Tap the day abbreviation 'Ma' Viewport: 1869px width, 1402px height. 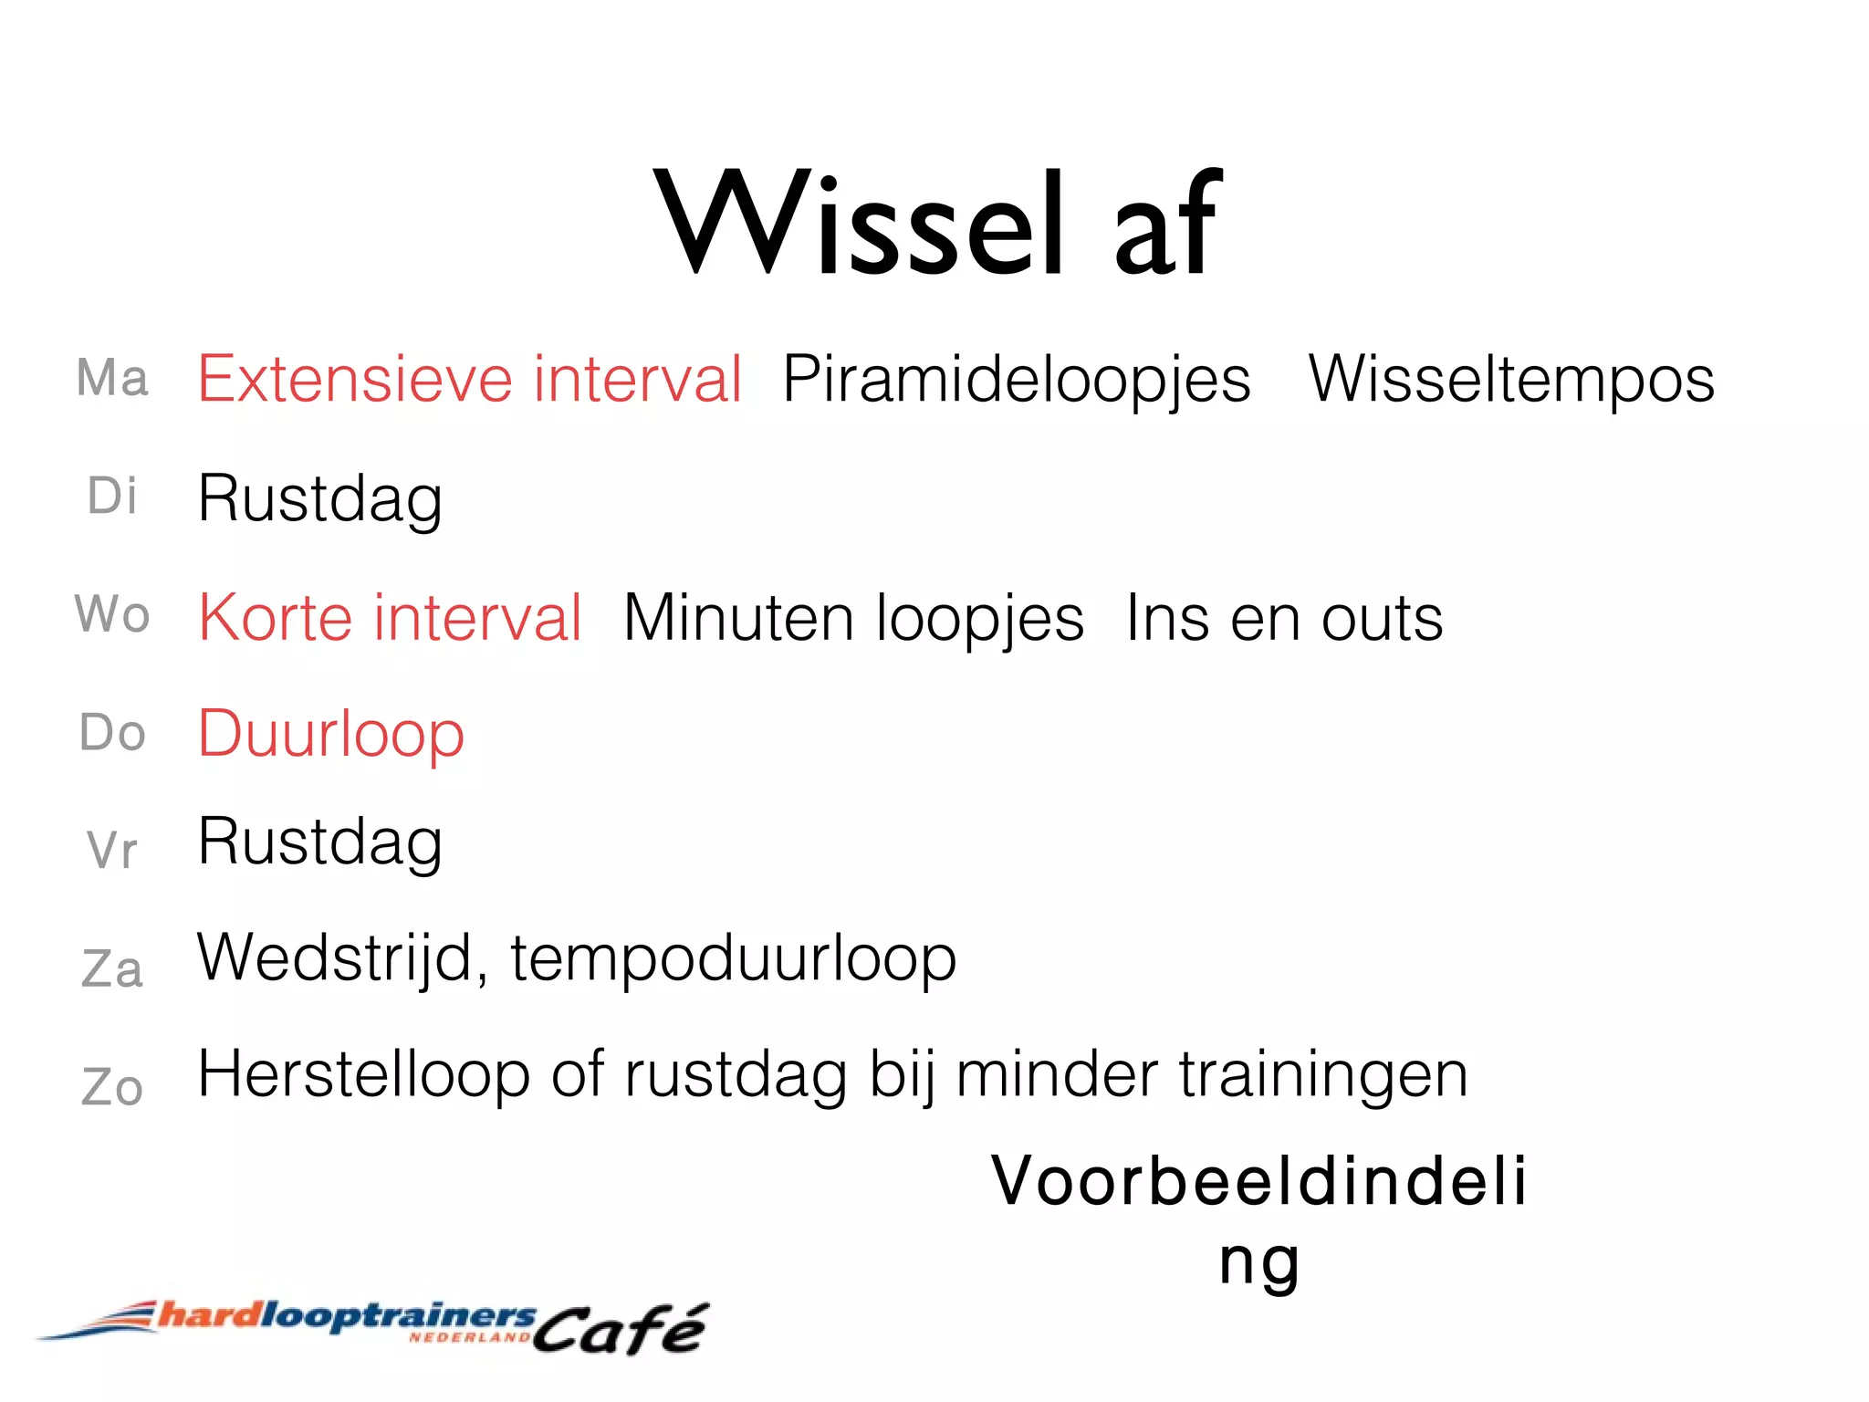pos(111,378)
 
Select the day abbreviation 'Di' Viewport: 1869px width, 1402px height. pos(111,497)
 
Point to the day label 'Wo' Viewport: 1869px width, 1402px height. pos(111,613)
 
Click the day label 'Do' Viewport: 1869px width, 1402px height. pos(111,733)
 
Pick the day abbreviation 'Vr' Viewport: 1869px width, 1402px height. pos(111,851)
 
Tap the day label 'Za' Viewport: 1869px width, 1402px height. pos(111,968)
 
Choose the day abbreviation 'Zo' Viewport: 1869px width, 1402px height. pos(111,1087)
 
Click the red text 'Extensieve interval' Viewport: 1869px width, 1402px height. pos(470,379)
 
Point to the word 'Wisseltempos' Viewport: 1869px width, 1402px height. pos(1511,379)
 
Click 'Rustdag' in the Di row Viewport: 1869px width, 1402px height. pos(320,500)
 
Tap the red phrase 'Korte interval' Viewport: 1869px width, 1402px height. pos(390,618)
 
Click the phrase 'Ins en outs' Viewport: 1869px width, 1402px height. pos(1284,619)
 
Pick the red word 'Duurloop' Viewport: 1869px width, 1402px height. pos(331,735)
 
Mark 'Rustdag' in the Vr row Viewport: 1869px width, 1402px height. pos(320,842)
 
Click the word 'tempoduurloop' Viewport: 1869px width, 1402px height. pos(733,959)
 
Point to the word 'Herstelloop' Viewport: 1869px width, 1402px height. pos(363,1074)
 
